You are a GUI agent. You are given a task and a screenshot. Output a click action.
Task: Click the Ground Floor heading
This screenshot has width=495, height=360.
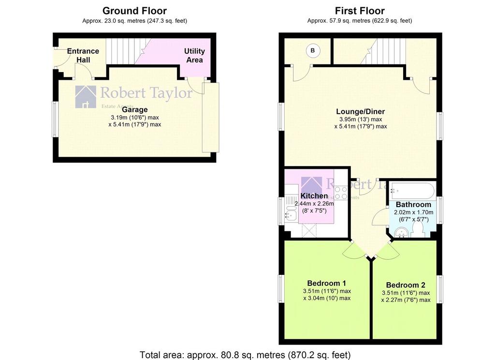[134, 11]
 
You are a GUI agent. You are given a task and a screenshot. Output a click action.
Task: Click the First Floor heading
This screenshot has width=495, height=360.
[360, 11]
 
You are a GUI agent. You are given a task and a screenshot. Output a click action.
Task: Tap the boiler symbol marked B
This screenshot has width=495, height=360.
[313, 51]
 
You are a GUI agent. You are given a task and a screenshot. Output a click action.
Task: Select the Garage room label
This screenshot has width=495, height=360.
[135, 110]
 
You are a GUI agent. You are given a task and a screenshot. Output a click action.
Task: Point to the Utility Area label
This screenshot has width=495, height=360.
[194, 55]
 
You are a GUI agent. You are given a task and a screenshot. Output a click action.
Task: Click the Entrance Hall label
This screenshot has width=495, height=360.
[83, 55]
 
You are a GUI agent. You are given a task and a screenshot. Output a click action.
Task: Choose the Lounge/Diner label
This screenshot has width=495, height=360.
[361, 111]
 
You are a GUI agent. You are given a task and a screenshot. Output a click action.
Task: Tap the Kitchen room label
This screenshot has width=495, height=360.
[314, 195]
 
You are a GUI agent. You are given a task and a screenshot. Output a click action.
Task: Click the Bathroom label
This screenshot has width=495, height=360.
[413, 205]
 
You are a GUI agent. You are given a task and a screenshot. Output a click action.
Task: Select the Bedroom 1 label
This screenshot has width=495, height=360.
[327, 283]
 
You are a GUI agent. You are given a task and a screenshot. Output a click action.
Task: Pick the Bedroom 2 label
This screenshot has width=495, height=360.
[406, 285]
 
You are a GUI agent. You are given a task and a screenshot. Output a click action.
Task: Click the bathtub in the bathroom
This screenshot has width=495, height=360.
[412, 191]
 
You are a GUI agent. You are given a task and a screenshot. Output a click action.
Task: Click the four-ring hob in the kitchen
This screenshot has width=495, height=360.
[341, 193]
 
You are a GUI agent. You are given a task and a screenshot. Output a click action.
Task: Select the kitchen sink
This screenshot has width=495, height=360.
[290, 210]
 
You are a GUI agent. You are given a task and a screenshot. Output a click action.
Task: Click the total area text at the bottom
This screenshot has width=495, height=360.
[245, 355]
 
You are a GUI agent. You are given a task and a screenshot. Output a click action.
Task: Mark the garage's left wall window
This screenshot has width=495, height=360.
[55, 119]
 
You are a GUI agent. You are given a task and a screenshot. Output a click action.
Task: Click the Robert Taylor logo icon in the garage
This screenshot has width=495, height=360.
[86, 97]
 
